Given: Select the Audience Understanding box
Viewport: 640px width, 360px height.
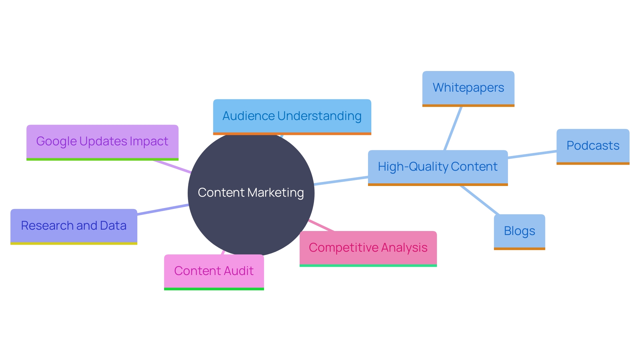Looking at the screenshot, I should tap(292, 116).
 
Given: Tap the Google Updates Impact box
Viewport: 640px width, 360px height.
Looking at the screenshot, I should tap(102, 142).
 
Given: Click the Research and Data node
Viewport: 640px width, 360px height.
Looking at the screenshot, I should tap(74, 226).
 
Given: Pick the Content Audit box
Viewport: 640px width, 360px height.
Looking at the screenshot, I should tap(214, 271).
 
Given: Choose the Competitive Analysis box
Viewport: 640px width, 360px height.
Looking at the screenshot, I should tap(368, 248).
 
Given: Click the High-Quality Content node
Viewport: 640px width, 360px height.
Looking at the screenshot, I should tap(438, 167).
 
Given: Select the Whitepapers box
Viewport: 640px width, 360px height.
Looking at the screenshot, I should tap(468, 88).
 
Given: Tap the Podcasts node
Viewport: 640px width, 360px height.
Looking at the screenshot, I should tap(593, 146).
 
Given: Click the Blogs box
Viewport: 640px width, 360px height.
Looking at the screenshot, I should tap(519, 231).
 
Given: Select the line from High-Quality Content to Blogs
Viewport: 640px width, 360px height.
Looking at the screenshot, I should tap(480, 200).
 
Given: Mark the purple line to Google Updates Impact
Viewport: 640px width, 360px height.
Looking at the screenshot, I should tap(172, 166).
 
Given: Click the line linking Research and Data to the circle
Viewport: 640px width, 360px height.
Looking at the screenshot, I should tap(163, 210).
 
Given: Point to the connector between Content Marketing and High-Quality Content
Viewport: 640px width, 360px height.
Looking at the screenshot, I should tap(341, 181).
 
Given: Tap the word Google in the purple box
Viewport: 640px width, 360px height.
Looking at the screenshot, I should tap(57, 142).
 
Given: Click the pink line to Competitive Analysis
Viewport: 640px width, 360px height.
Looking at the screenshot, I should tap(321, 225).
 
